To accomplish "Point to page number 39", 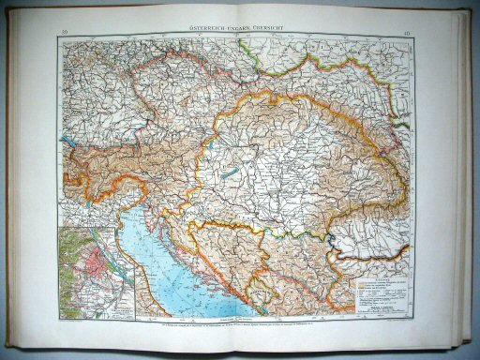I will pyautogui.click(x=63, y=36).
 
